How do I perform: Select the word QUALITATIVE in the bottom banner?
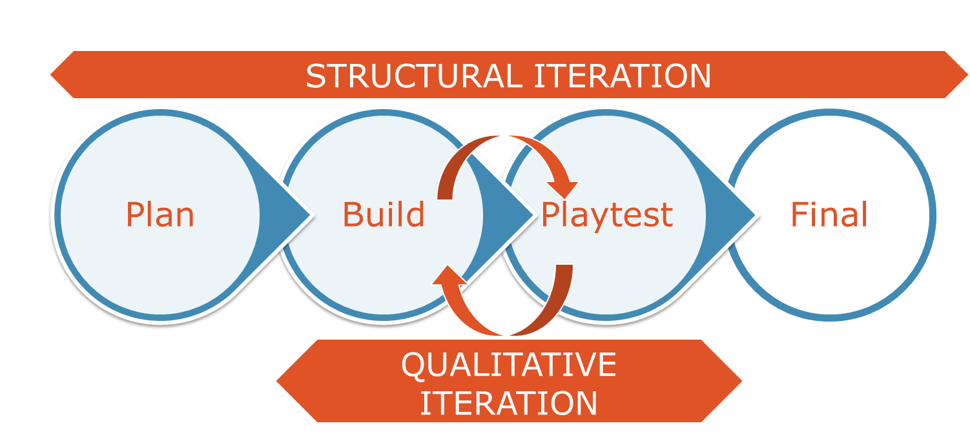coord(509,365)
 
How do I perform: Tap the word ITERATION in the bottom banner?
coord(509,403)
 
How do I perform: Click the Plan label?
coord(160,214)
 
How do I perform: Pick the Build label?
coord(384,214)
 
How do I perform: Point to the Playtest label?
coord(606,214)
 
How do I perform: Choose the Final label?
coord(829,214)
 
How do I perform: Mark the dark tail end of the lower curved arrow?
coord(564,271)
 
